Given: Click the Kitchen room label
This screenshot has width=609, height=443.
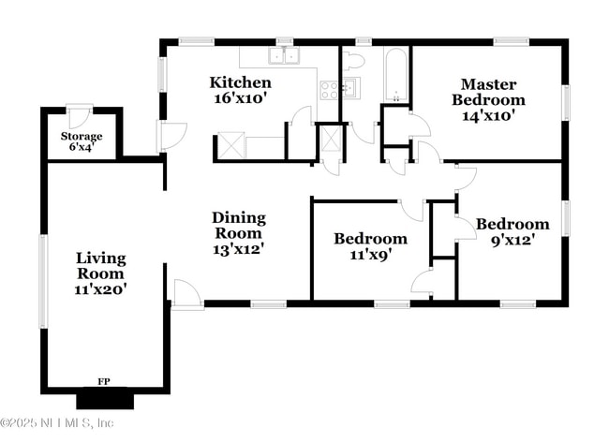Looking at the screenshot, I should (x=241, y=90).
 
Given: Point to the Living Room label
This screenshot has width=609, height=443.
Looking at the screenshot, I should (x=100, y=273).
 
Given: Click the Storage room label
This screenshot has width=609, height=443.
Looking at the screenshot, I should (x=82, y=141).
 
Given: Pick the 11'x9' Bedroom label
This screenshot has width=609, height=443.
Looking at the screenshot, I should (x=370, y=245).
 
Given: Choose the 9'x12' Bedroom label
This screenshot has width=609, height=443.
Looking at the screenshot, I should (x=512, y=231).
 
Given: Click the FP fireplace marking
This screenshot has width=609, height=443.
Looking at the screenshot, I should (x=105, y=382).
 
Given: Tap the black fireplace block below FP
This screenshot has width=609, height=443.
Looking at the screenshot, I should (x=105, y=400).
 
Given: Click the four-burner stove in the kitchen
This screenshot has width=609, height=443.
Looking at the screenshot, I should (x=330, y=90).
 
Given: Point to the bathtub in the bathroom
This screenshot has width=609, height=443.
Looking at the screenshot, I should (x=396, y=75).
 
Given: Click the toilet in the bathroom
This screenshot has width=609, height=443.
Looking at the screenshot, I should (x=353, y=62).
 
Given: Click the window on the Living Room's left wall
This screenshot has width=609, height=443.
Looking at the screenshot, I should (x=42, y=280).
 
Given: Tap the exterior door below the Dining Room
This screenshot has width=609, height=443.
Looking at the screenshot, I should (x=187, y=295).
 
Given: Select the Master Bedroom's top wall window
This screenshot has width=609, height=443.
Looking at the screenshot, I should (x=511, y=41).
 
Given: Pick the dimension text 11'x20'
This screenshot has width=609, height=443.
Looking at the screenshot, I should (x=100, y=289).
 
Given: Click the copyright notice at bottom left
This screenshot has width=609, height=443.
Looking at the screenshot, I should (x=57, y=423).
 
